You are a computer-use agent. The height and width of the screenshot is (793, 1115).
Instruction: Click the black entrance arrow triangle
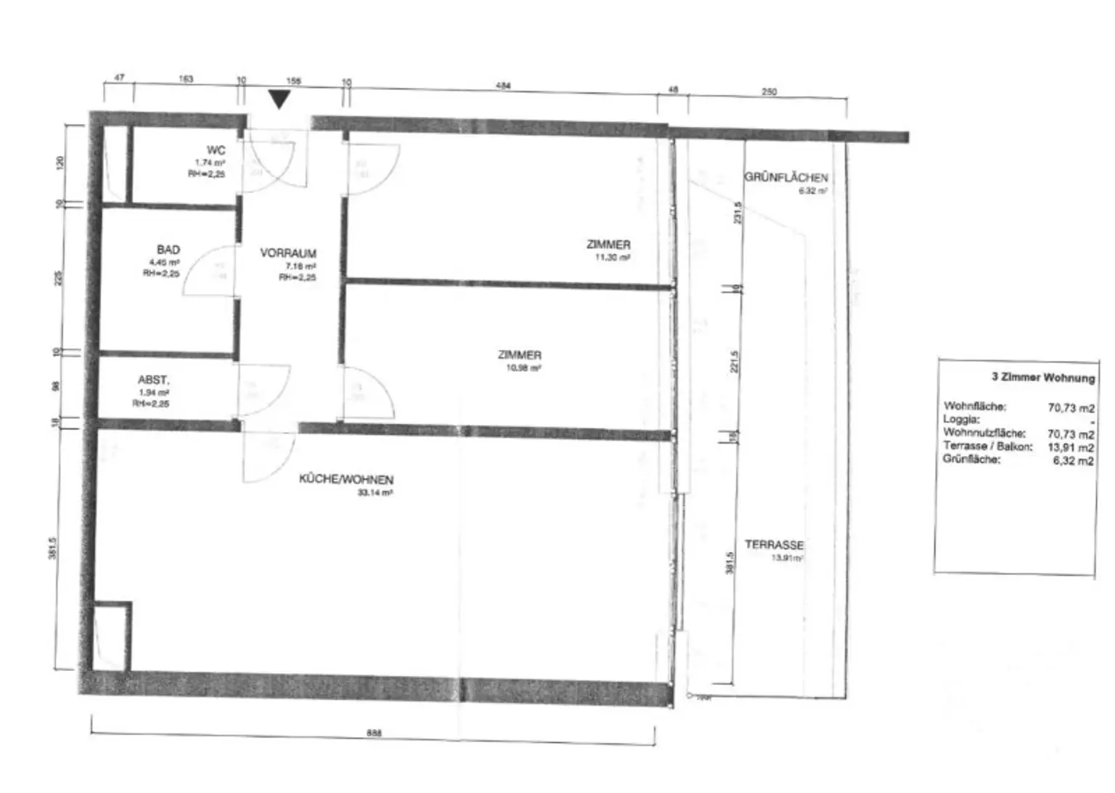279,99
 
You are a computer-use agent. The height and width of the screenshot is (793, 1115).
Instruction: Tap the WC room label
216,150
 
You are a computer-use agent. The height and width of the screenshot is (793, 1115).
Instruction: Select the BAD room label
168,250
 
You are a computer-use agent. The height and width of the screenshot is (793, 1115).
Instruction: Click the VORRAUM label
288,253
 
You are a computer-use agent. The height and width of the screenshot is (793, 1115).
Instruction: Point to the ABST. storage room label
153,380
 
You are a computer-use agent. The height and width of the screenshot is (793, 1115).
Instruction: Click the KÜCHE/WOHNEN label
346,480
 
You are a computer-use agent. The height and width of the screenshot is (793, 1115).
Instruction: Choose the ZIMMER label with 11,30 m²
608,245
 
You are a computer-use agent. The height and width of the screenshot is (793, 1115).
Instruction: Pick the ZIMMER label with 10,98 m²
519,355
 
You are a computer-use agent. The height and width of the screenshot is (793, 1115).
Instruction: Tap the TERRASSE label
774,545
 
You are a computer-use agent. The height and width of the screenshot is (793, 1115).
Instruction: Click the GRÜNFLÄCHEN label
785,177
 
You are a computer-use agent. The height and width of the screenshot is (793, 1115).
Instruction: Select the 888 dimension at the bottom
373,733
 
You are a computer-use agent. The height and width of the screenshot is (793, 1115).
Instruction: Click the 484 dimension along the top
503,86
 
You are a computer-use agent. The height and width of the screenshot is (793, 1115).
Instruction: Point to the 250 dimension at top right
769,91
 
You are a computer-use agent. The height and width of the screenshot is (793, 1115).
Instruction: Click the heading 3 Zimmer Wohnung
1042,378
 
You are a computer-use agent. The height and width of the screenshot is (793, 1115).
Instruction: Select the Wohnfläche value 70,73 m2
1071,408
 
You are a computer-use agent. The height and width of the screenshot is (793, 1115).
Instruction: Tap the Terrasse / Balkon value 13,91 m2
1070,447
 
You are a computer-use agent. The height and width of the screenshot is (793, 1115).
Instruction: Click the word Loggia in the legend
961,419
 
